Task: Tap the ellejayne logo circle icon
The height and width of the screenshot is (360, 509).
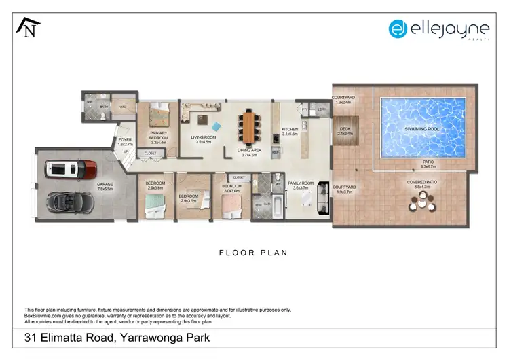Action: (398, 29)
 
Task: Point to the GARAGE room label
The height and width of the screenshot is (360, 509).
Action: (104, 184)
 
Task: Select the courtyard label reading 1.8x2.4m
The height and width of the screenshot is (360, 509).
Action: (346, 99)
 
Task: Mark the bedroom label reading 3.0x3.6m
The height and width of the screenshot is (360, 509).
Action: (232, 187)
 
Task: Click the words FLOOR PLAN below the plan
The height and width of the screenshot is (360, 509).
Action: (253, 253)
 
